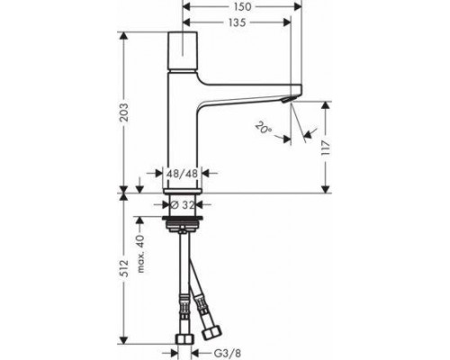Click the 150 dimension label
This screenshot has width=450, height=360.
(238, 7)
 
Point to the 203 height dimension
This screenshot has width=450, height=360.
(125, 112)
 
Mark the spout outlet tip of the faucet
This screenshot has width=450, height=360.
(292, 100)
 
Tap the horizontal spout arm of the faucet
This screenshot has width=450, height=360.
(247, 97)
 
